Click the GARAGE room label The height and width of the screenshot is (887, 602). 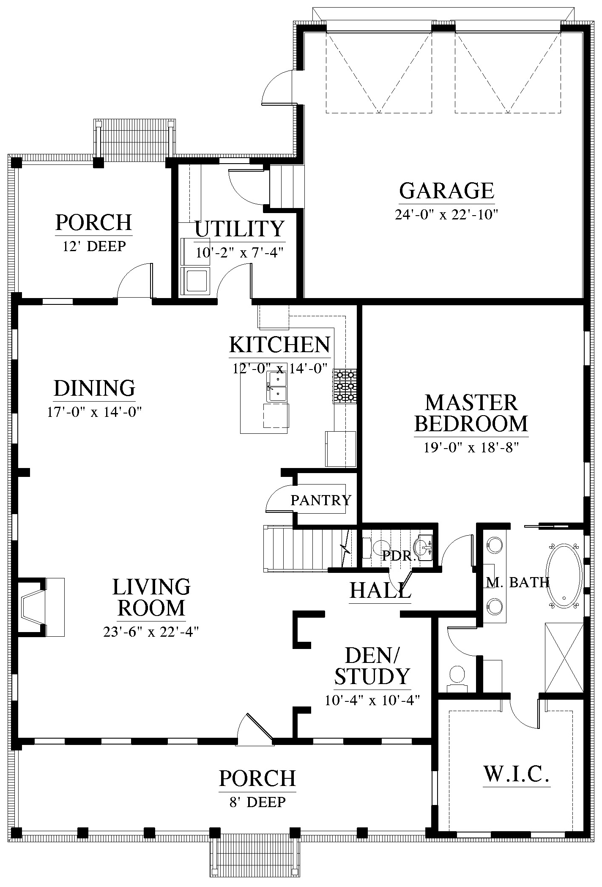(446, 191)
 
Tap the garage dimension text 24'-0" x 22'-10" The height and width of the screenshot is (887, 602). (446, 215)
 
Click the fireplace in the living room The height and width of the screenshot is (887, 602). (41, 607)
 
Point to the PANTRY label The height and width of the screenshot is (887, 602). (321, 500)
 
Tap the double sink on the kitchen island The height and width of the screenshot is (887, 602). (277, 386)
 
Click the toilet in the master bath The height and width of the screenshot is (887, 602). (457, 678)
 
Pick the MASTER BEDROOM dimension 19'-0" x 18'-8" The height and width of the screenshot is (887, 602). (471, 447)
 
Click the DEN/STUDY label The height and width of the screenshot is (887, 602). (372, 666)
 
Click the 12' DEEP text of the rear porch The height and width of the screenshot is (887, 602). (94, 246)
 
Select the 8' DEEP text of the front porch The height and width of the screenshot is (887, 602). (257, 802)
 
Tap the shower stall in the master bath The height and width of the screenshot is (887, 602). (564, 658)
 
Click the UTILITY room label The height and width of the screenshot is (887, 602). (239, 229)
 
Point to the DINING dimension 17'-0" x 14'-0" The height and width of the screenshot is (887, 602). (94, 412)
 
